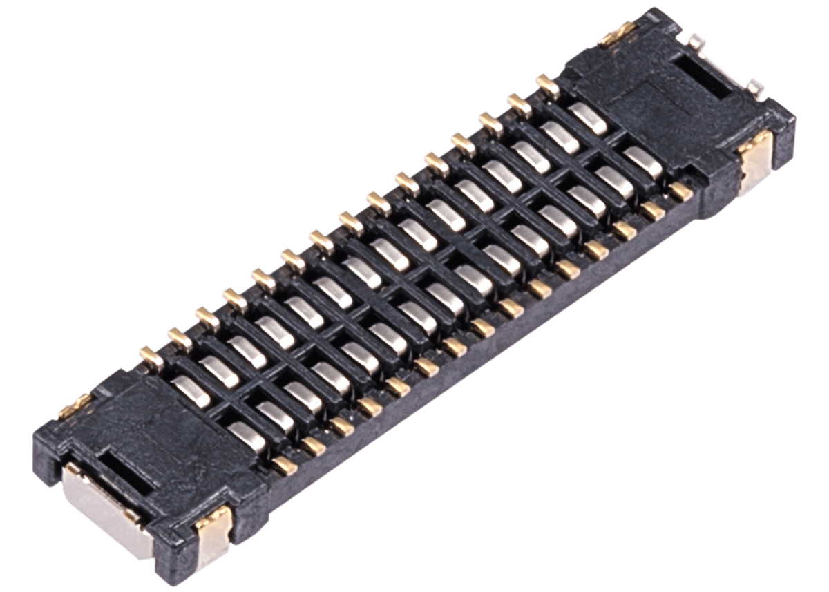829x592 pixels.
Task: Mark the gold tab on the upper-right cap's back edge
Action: (x=618, y=30)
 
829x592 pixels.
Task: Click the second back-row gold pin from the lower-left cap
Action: (x=175, y=336)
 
